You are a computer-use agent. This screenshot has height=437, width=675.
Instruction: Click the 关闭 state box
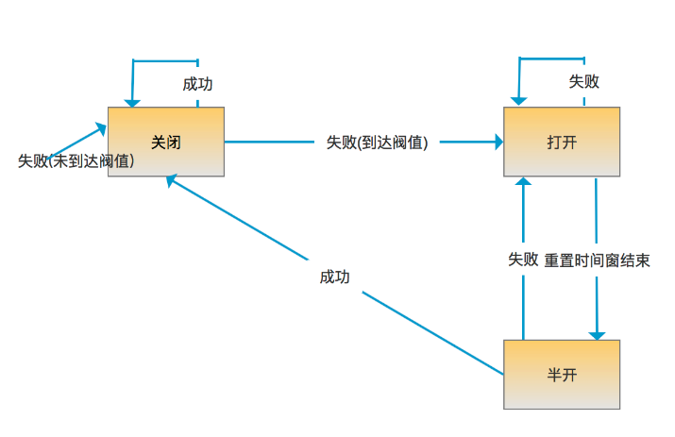tap(165, 142)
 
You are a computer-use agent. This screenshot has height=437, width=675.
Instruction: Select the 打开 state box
tap(562, 142)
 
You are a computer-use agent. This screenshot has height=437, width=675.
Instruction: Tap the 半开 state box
tap(562, 375)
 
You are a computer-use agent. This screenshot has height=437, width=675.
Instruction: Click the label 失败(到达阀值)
tap(378, 143)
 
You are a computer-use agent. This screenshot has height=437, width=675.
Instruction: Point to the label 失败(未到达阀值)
tap(76, 160)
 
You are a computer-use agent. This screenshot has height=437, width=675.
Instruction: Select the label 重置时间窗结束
tap(597, 260)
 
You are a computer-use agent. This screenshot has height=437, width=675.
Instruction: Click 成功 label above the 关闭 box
tap(197, 84)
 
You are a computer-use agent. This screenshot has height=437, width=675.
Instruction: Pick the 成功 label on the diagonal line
tap(334, 277)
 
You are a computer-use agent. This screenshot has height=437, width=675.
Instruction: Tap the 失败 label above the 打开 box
tap(583, 82)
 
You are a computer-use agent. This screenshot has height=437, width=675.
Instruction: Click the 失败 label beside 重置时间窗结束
tap(523, 260)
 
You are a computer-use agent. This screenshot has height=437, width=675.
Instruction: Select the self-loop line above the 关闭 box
tap(165, 61)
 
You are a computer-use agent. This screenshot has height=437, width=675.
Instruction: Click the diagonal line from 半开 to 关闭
tap(425, 330)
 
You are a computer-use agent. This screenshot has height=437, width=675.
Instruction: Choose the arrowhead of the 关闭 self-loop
tap(132, 101)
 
